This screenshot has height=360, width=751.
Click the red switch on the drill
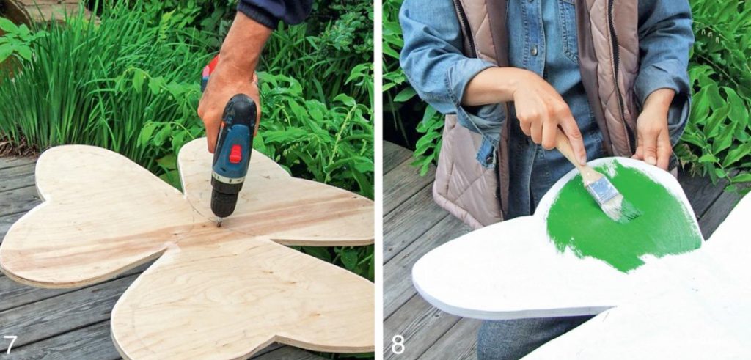coord(235,154)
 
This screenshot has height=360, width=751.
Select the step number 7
coord(10,343)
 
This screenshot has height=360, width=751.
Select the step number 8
coord(398,344)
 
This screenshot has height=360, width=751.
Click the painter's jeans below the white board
coord(513,337)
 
